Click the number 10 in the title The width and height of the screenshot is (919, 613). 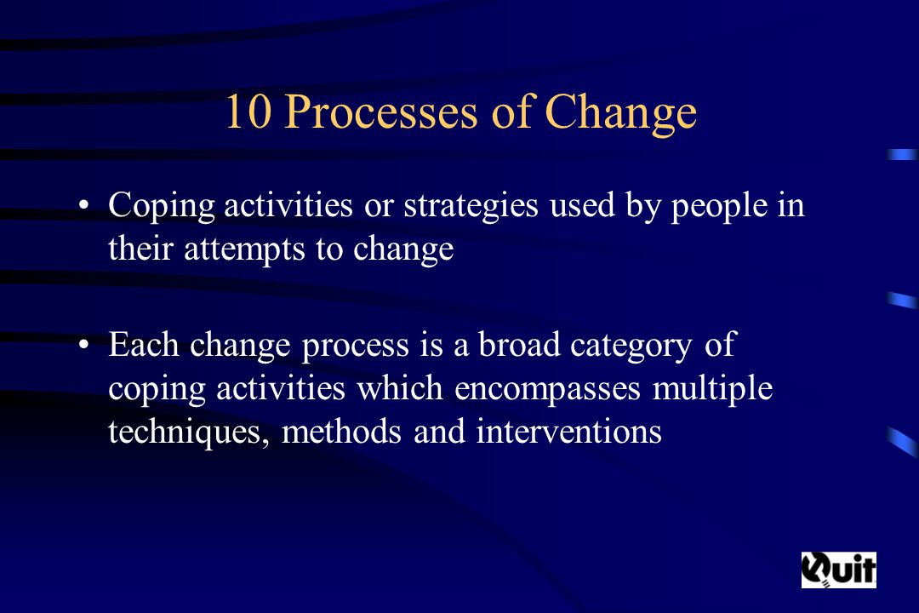[248, 112]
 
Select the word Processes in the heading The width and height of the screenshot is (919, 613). [381, 112]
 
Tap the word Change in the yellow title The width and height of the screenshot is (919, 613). [620, 113]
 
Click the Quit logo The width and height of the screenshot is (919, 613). [839, 570]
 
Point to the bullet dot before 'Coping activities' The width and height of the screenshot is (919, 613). [84, 206]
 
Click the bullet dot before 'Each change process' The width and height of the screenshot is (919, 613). [84, 345]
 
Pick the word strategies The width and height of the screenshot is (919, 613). [471, 207]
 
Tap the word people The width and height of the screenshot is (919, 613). [719, 207]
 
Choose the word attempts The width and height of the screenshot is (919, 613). [245, 249]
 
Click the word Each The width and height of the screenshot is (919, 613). [144, 344]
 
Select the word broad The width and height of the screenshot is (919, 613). [519, 344]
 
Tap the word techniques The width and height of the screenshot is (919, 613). [189, 433]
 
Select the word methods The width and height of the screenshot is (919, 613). [342, 431]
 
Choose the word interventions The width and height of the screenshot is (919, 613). [568, 431]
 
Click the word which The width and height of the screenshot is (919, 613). [400, 387]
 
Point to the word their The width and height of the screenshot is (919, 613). [140, 248]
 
